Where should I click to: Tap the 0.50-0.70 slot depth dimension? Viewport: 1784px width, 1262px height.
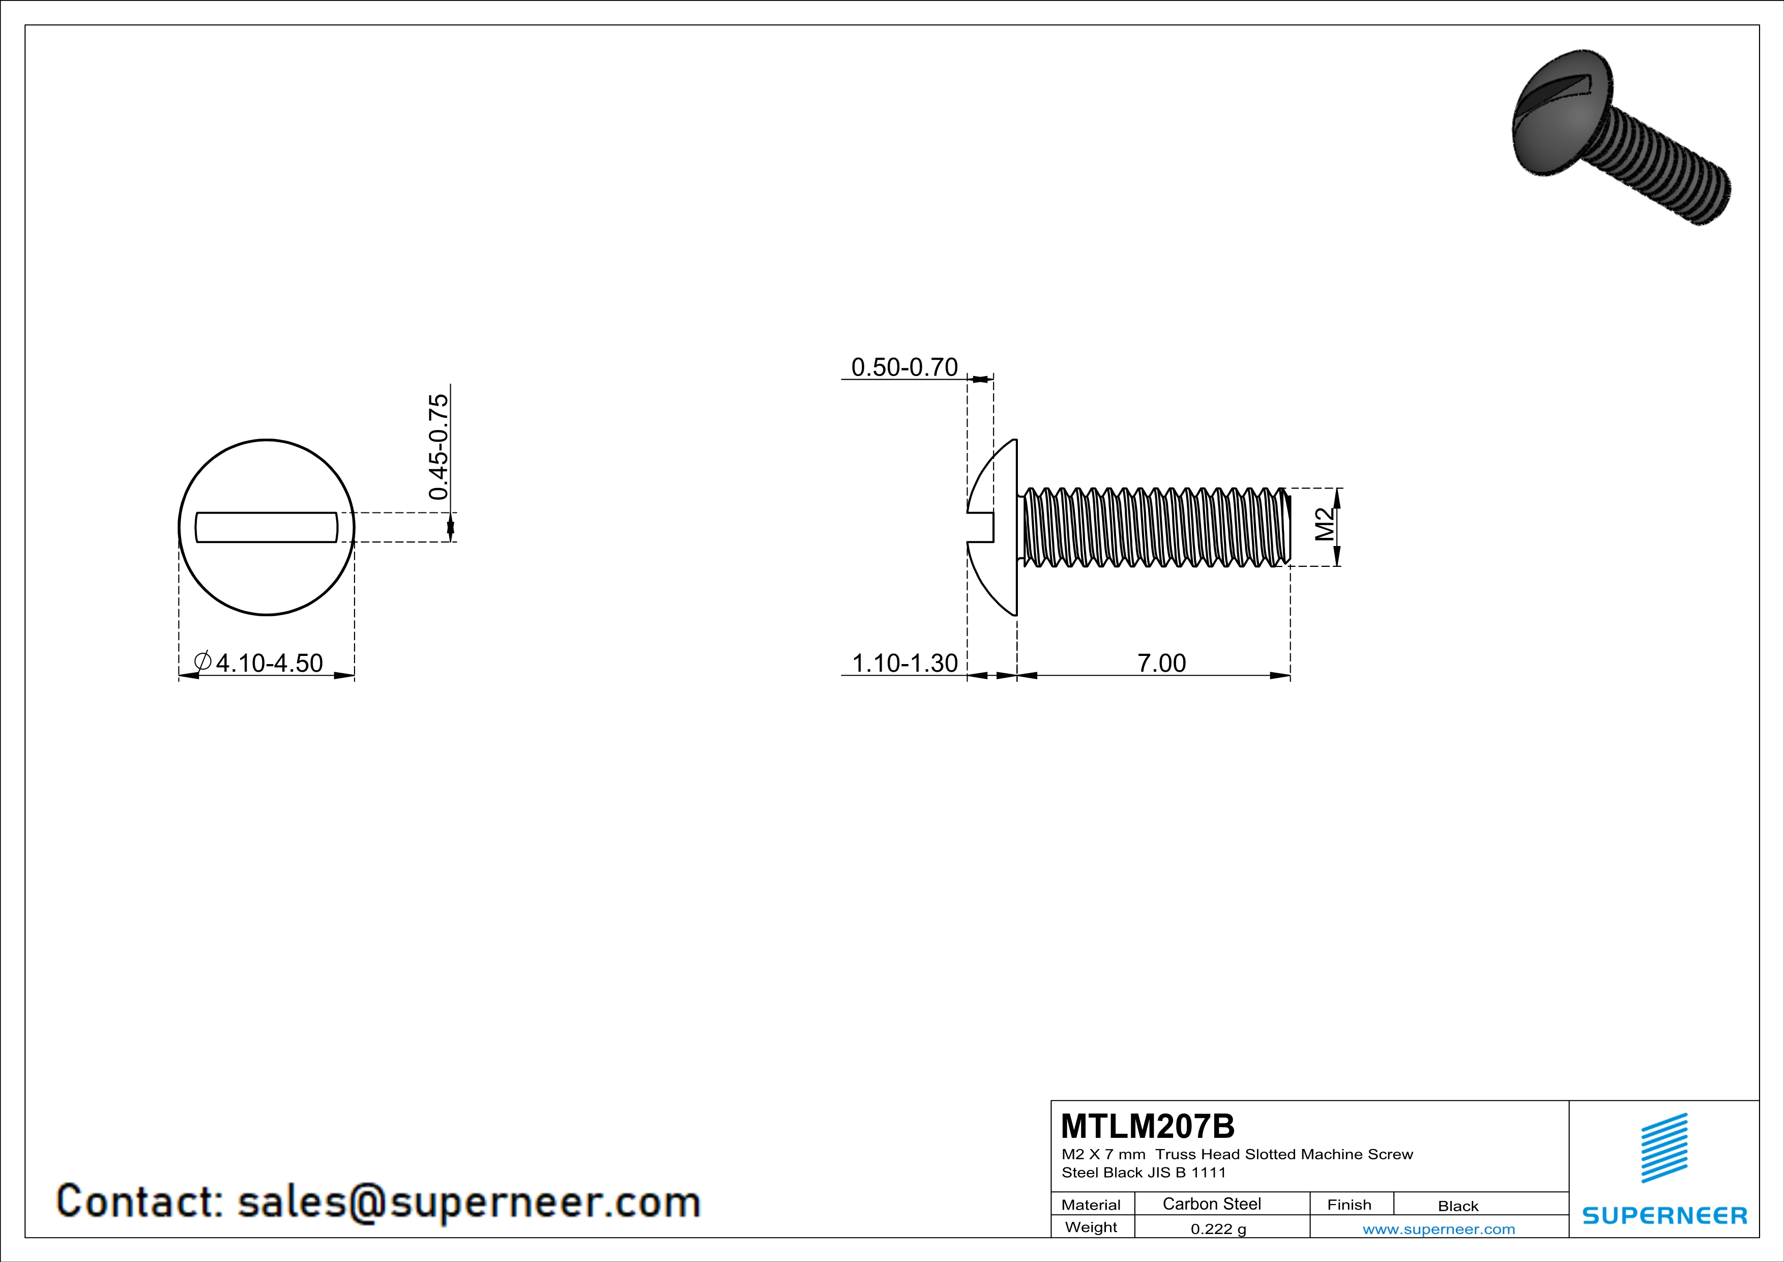tap(904, 367)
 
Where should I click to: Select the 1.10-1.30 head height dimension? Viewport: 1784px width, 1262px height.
tap(904, 663)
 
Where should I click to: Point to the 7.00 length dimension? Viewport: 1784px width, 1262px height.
tap(1162, 663)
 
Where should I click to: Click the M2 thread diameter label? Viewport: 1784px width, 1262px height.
tap(1324, 525)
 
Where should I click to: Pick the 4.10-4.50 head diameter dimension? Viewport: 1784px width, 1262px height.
tap(268, 663)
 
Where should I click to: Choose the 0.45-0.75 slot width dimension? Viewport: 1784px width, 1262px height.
tap(438, 447)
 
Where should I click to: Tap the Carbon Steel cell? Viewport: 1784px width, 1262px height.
tap(1211, 1203)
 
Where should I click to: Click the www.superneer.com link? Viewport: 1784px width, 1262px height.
tap(1438, 1228)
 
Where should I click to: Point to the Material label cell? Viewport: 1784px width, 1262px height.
tap(1091, 1204)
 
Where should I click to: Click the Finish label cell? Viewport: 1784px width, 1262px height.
tap(1349, 1204)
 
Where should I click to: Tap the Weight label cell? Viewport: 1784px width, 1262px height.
tap(1091, 1227)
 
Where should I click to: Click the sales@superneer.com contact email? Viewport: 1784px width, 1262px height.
tap(469, 1201)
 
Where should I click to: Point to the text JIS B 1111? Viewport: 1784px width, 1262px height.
tap(1186, 1172)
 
